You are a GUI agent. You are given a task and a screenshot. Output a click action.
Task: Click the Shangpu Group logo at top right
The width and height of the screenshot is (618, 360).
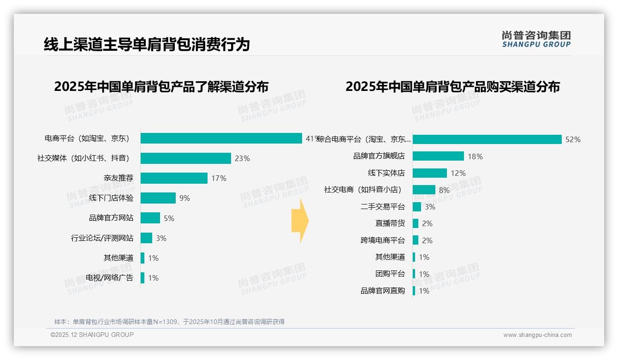pos(536,39)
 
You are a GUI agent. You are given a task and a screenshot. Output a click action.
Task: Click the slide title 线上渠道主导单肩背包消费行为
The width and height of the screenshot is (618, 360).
pos(147,44)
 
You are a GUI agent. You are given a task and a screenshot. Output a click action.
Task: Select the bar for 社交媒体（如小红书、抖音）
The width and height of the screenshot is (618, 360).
pos(185,158)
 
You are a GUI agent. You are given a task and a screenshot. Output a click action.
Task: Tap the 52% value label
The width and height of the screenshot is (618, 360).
pos(573,140)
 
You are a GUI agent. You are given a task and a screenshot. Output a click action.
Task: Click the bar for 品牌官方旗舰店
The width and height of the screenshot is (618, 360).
pos(438,156)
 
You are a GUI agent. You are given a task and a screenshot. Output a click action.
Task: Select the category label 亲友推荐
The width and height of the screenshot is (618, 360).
pos(119,178)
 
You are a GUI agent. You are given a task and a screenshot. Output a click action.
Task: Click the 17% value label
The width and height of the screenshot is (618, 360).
pos(219,178)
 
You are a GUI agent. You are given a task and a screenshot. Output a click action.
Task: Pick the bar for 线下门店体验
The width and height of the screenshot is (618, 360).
pos(158,198)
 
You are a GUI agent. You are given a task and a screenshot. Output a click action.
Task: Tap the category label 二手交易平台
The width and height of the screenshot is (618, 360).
pos(383,207)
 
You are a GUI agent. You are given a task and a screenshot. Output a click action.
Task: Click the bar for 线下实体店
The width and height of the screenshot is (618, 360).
pos(430,173)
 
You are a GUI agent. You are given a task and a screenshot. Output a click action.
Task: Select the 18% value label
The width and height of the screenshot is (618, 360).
pos(475,156)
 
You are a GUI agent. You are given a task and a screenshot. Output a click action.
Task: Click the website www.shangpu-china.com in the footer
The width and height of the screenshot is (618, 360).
pos(537,335)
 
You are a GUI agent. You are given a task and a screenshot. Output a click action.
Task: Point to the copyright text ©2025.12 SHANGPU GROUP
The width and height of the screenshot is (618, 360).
pos(92,335)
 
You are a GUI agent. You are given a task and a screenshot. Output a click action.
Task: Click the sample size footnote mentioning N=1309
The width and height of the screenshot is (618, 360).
pos(169,322)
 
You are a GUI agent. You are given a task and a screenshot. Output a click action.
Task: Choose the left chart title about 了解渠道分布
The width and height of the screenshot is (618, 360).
pos(161,87)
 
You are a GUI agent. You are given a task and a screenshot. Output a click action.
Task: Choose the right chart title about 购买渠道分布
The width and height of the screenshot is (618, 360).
pos(452,87)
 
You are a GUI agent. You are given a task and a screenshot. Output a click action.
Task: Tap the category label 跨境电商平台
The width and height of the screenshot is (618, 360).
pos(383,240)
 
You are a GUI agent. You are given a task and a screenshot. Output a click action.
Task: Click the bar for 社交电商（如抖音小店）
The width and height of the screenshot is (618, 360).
pos(424,190)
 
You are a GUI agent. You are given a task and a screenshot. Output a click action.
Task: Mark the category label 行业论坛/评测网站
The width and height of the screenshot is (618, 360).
pos(102,238)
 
